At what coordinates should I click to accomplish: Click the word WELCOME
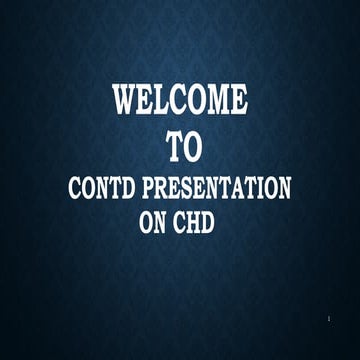point(180,102)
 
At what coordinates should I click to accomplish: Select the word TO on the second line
point(181,147)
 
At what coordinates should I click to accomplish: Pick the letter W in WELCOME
point(125,102)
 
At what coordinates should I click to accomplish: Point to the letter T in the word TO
point(171,147)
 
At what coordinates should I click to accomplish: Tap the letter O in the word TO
point(192,147)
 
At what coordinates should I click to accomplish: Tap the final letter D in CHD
point(213,223)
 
